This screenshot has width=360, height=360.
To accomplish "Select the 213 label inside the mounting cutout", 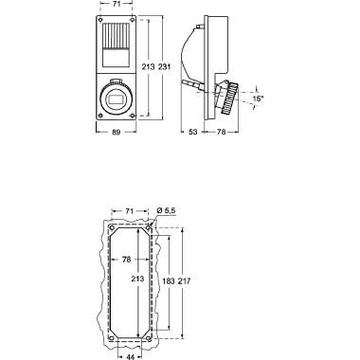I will tap(138, 281).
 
